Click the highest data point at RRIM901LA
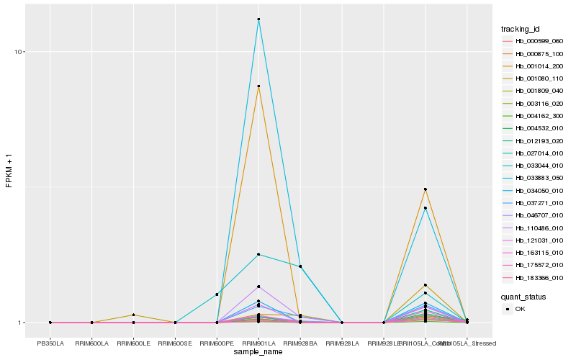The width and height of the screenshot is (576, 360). coord(258,19)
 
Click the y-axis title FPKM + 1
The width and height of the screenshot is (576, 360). coord(9,172)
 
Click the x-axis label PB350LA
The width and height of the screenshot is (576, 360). coord(50,343)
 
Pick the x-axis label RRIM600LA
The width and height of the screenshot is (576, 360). coord(92,343)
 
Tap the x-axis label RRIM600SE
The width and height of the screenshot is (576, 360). coord(176,343)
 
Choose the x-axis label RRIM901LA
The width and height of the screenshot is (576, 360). coord(258,343)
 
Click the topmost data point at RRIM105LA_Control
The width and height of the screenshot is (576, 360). coord(426,189)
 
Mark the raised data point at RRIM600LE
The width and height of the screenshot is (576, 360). coord(134,315)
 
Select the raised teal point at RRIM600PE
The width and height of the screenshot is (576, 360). coord(217,294)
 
